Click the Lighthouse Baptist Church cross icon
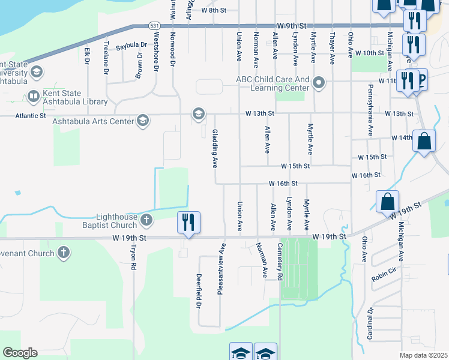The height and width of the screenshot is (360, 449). (146, 221)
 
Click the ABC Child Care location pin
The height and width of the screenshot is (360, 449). (318, 83)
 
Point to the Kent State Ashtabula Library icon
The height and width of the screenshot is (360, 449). (33, 97)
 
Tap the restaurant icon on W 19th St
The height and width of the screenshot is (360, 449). (188, 222)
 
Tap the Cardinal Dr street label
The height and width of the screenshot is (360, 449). (370, 324)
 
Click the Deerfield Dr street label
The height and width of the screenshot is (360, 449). (198, 292)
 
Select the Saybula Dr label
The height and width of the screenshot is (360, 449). (131, 45)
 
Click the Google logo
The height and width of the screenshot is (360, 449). (20, 352)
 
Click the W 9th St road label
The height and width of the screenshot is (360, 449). (292, 26)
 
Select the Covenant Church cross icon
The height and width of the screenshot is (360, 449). (63, 253)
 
